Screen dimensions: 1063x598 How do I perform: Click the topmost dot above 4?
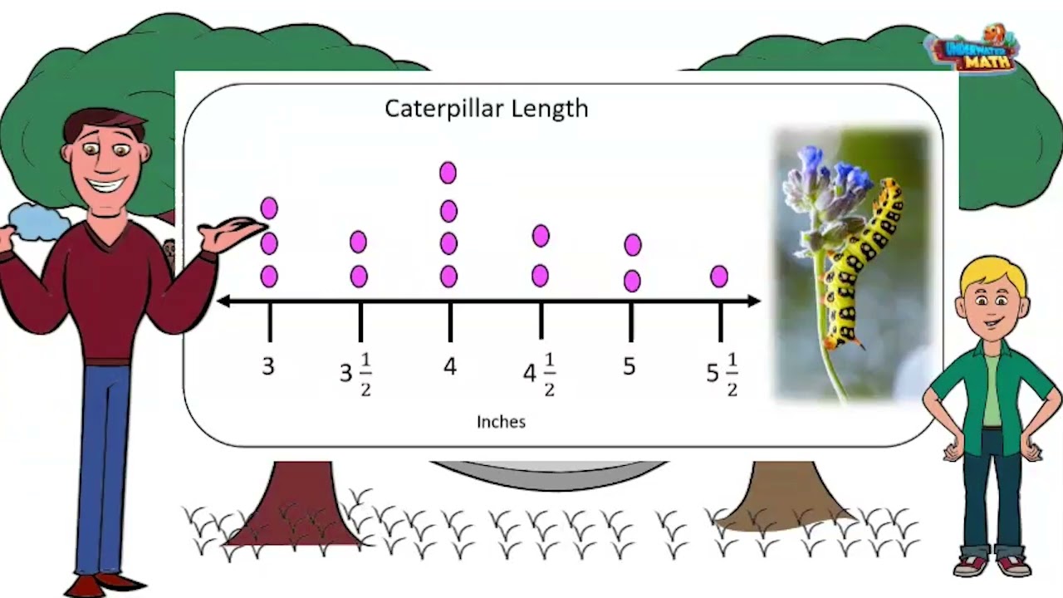coord(448,173)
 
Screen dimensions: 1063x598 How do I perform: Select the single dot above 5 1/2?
coord(719,277)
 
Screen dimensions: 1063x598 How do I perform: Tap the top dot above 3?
coord(269,208)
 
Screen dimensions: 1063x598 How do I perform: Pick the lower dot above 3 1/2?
coord(359,277)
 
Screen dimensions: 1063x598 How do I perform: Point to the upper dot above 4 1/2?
coord(541,236)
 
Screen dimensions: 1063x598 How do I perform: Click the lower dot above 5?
coord(632,281)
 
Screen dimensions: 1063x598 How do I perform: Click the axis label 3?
coord(268,366)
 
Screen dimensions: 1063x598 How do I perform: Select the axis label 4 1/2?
coord(539,375)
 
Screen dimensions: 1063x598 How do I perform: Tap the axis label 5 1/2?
coord(722,375)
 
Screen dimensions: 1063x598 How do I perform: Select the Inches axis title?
coord(501,422)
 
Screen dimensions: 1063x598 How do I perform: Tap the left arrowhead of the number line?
coord(224,301)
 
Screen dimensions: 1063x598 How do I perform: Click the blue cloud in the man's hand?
coord(39,222)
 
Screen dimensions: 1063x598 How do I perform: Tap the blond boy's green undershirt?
coord(992,390)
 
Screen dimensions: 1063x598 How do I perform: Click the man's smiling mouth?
coord(109,184)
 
